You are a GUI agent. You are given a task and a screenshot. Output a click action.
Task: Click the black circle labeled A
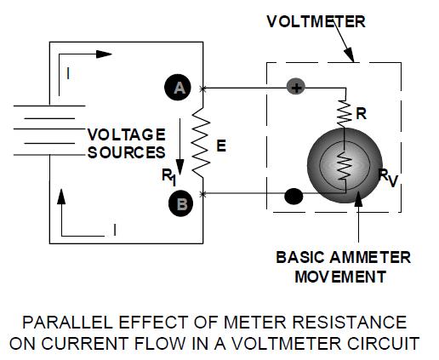click(x=178, y=88)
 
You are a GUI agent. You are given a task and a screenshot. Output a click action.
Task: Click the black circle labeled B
click(x=180, y=203)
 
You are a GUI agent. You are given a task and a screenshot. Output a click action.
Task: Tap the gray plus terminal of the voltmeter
click(x=296, y=87)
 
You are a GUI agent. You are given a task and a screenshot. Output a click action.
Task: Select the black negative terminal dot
click(x=294, y=196)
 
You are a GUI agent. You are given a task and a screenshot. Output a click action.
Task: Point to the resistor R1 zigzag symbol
click(x=202, y=142)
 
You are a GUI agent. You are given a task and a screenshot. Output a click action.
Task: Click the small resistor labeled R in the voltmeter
click(x=345, y=113)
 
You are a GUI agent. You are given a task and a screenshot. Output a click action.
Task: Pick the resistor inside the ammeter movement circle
click(x=345, y=165)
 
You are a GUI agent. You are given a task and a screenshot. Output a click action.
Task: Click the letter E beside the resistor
click(x=221, y=146)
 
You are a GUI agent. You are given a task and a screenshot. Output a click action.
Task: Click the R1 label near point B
click(x=169, y=177)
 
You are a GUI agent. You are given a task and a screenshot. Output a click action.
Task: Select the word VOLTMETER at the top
click(x=316, y=21)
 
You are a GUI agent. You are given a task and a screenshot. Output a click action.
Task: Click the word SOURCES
click(x=126, y=152)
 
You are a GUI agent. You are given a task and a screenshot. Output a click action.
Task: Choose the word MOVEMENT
click(x=340, y=277)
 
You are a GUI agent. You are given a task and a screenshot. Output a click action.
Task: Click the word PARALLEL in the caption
click(x=67, y=323)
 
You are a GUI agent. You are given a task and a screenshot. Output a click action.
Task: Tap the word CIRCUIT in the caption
click(x=383, y=344)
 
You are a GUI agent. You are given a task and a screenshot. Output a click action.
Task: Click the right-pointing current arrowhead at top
click(x=104, y=54)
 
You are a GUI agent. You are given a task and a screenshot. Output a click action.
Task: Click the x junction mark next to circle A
click(x=202, y=89)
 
